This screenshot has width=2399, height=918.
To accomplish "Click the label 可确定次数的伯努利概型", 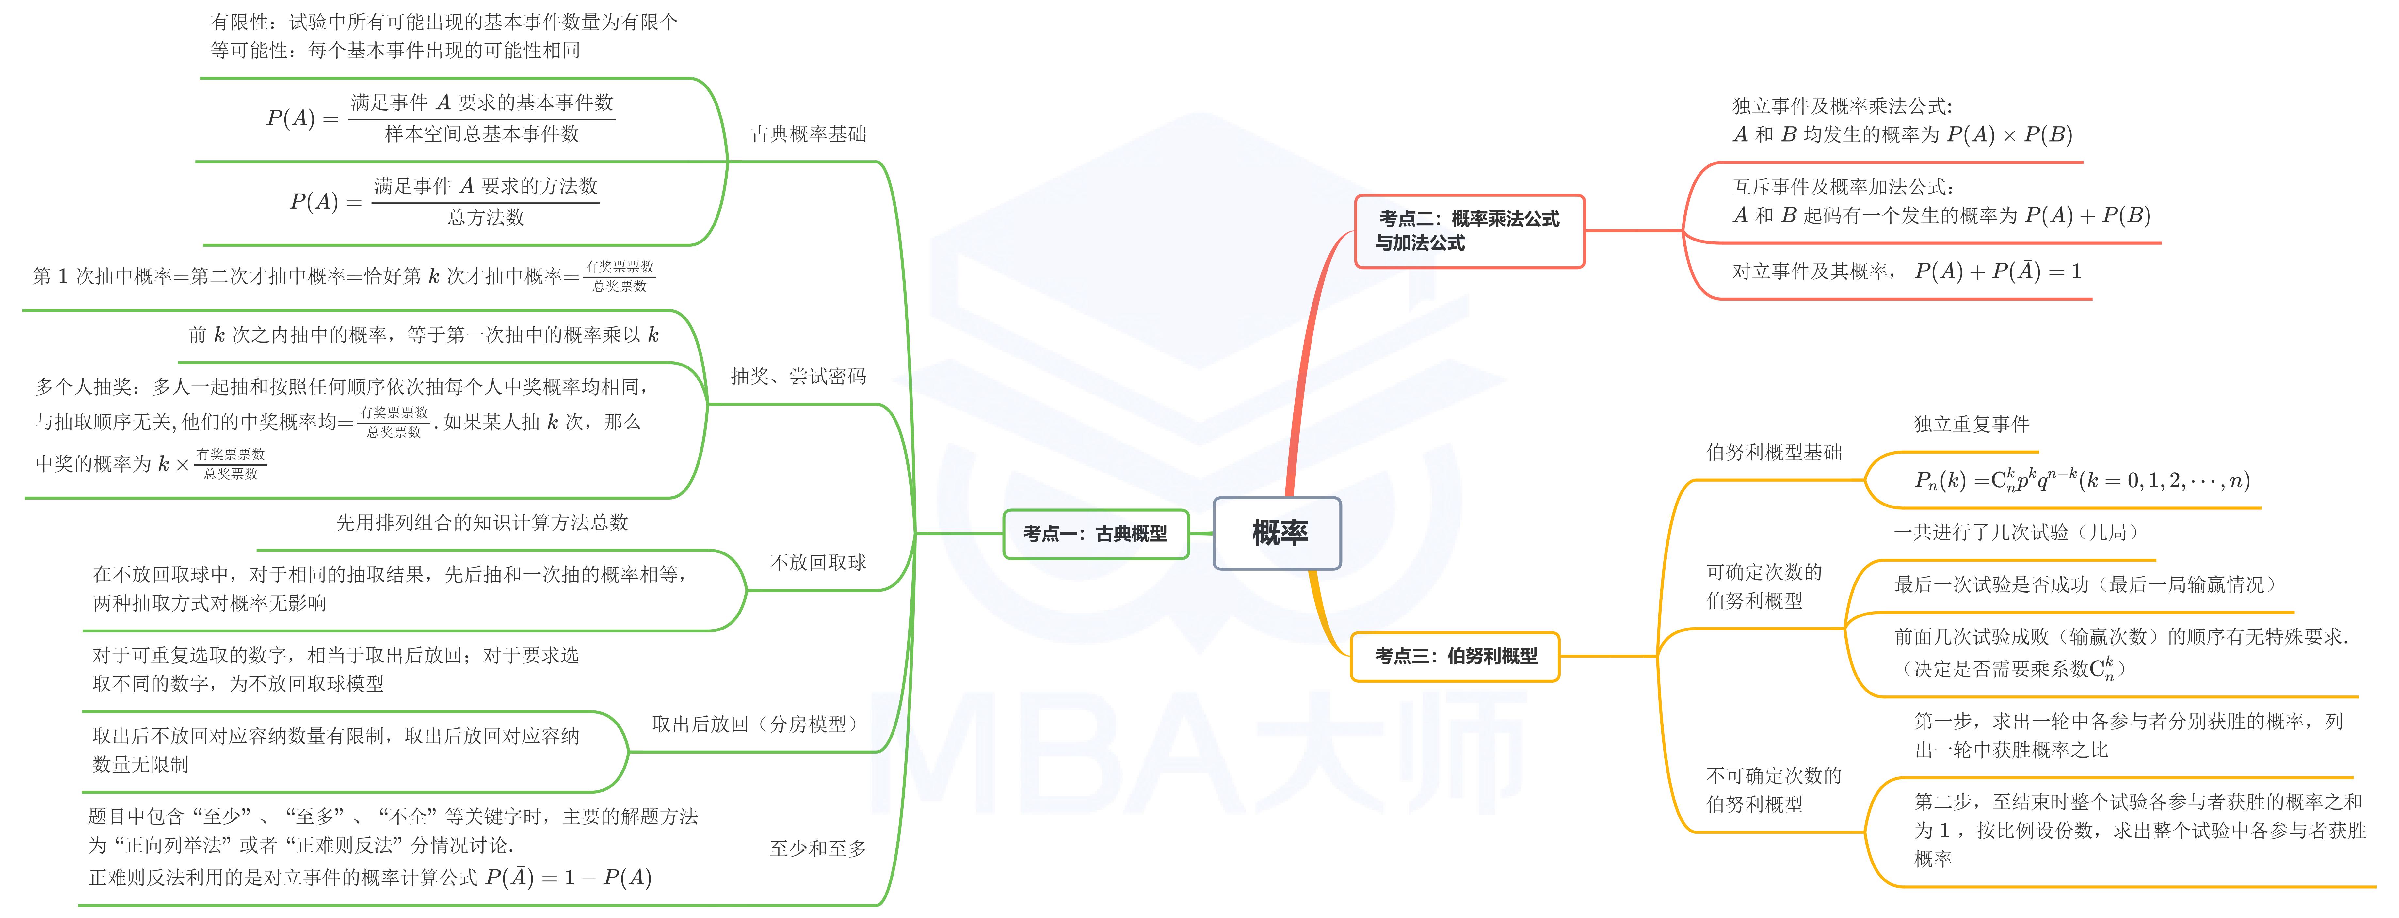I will coord(1763,586).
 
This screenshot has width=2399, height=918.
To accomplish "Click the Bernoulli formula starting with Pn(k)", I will coord(2082,480).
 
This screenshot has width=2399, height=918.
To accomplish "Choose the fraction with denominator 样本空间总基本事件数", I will coord(481,118).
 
